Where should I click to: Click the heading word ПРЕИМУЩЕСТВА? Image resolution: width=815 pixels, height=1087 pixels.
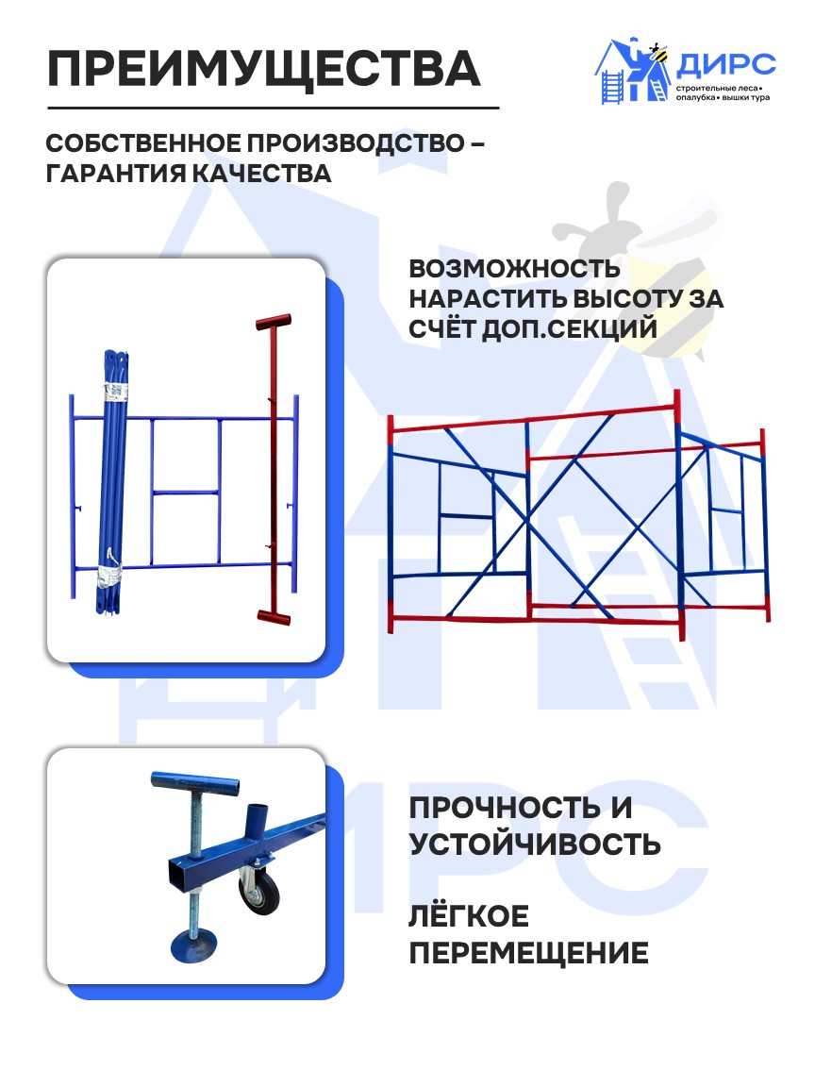[263, 68]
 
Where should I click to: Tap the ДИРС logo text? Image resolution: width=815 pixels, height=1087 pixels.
[725, 64]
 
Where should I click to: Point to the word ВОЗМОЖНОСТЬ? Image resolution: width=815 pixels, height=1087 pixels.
[514, 268]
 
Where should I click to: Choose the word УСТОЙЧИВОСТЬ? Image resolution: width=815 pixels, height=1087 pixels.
[535, 843]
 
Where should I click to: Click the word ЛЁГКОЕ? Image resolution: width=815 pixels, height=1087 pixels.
[469, 916]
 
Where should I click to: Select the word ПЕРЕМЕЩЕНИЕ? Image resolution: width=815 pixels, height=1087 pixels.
[528, 952]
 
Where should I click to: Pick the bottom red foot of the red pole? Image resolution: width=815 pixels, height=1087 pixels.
[273, 616]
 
